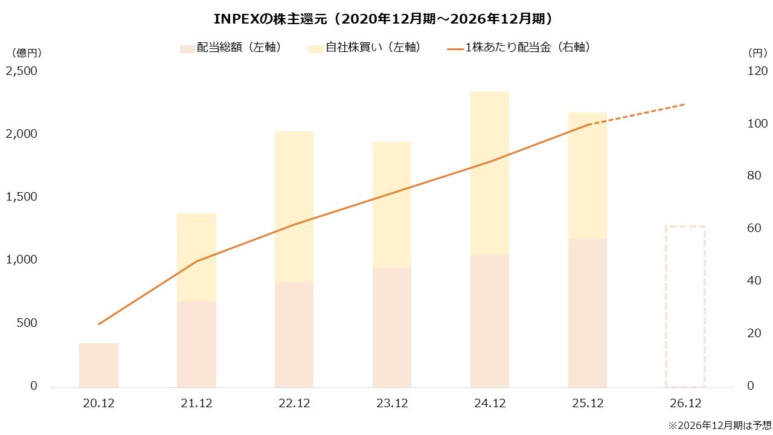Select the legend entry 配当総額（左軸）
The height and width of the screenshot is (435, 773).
pyautogui.click(x=232, y=48)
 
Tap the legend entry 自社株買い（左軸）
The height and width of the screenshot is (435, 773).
pyautogui.click(x=365, y=48)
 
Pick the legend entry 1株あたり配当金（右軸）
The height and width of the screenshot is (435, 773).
pyautogui.click(x=519, y=48)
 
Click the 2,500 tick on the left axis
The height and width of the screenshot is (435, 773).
pyautogui.click(x=22, y=71)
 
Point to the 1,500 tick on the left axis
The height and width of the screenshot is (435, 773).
pyautogui.click(x=22, y=197)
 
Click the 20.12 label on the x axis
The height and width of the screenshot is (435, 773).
pyautogui.click(x=99, y=404)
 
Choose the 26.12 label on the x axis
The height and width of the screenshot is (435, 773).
pyautogui.click(x=685, y=404)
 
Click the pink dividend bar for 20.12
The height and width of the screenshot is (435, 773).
pyautogui.click(x=99, y=365)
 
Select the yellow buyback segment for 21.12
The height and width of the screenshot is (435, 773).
pyautogui.click(x=196, y=257)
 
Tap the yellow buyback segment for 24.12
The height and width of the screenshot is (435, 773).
pyautogui.click(x=490, y=173)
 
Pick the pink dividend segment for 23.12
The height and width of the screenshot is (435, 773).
pyautogui.click(x=392, y=327)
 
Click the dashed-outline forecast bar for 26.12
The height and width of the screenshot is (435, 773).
pyautogui.click(x=685, y=306)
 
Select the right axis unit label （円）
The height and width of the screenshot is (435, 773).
pyautogui.click(x=752, y=53)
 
